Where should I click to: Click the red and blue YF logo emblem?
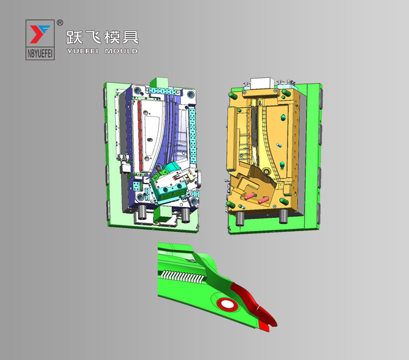coord(39,34)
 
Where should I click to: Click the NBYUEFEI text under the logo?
coord(40,54)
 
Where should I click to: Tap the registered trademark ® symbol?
coord(60,23)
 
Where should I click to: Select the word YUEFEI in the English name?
coord(82,51)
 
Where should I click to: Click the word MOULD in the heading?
coord(121,51)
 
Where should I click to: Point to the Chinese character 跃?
coord(75,37)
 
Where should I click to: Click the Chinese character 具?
coord(130,37)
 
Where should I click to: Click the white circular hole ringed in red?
coord(227,304)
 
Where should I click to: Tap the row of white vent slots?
coord(182,277)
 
